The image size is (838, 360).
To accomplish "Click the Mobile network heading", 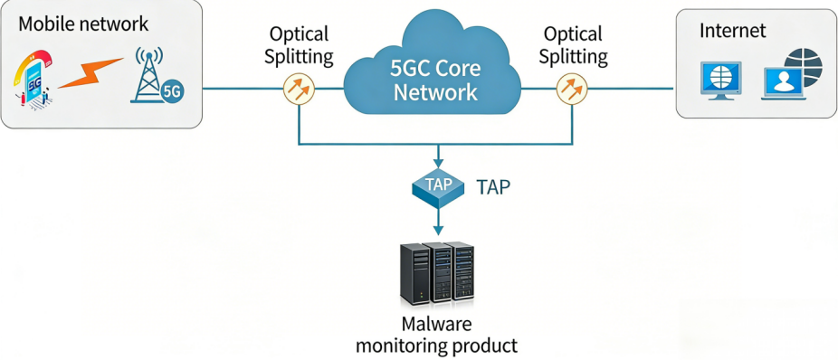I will (x=82, y=23).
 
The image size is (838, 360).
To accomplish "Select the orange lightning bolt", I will (x=90, y=74).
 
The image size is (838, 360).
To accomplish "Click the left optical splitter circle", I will (x=299, y=89).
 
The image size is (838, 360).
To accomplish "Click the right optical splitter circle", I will (x=571, y=89).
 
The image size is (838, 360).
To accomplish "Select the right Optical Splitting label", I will (x=572, y=45).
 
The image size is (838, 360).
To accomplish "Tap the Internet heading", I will (x=732, y=31).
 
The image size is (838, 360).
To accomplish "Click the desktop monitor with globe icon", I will (x=721, y=80).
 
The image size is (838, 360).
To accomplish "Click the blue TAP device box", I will (x=438, y=186).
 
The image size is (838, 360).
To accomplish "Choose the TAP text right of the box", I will (x=493, y=187).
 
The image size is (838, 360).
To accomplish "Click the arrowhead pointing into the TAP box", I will (x=438, y=160).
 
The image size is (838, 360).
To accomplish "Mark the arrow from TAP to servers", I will (x=438, y=222).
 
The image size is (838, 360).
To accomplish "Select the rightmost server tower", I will (x=462, y=271).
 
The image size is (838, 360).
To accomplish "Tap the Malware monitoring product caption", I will (x=436, y=335).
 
